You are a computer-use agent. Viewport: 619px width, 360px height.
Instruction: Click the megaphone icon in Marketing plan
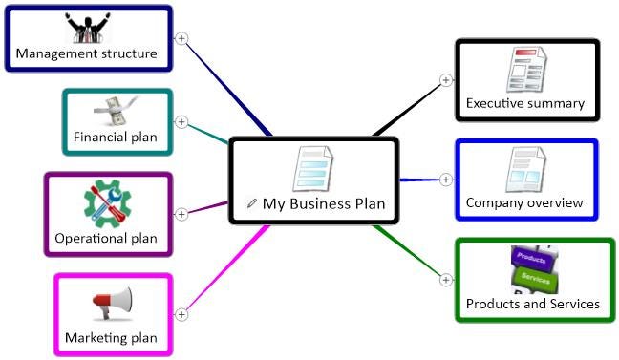click(x=112, y=304)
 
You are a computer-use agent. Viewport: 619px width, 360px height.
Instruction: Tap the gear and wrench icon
click(x=107, y=202)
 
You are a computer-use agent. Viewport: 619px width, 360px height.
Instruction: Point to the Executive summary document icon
click(x=526, y=70)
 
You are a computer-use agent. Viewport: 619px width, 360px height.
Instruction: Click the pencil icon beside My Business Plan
click(x=252, y=202)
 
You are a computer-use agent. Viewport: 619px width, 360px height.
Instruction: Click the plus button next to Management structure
click(x=181, y=38)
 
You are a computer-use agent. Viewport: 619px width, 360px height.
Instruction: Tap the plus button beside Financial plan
click(x=181, y=122)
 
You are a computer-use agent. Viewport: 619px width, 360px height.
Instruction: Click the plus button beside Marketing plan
click(x=181, y=313)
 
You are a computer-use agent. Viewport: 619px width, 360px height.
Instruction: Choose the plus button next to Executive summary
click(x=445, y=80)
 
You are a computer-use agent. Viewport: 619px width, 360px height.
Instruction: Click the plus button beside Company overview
click(x=445, y=179)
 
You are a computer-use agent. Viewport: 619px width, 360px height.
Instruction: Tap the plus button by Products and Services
click(x=445, y=279)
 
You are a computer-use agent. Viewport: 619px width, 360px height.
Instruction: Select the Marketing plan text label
click(x=111, y=337)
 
